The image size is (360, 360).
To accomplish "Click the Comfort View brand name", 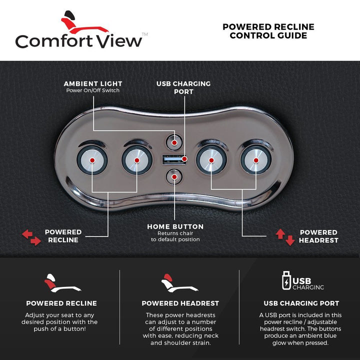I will pyautogui.click(x=79, y=40).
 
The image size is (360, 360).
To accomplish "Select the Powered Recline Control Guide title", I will pyautogui.click(x=268, y=31).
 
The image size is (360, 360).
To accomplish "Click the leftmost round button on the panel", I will pyautogui.click(x=92, y=159).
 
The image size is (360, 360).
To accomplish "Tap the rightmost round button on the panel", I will pyautogui.click(x=256, y=159).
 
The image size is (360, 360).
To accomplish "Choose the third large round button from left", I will pyautogui.click(x=211, y=159).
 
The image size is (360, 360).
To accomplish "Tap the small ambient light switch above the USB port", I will pyautogui.click(x=173, y=142).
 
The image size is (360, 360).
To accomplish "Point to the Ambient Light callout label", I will pyautogui.click(x=93, y=86).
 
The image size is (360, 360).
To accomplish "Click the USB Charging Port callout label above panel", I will pyautogui.click(x=183, y=87).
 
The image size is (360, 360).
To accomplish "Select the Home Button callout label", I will pyautogui.click(x=175, y=232).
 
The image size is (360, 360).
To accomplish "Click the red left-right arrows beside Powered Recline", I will pyautogui.click(x=31, y=237).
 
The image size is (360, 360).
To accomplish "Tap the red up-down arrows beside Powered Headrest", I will pyautogui.click(x=285, y=236).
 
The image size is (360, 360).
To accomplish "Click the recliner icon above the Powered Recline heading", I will pyautogui.click(x=61, y=283).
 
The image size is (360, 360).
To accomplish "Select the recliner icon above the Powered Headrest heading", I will pyautogui.click(x=179, y=283).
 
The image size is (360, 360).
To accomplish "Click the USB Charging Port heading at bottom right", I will pyautogui.click(x=301, y=303).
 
